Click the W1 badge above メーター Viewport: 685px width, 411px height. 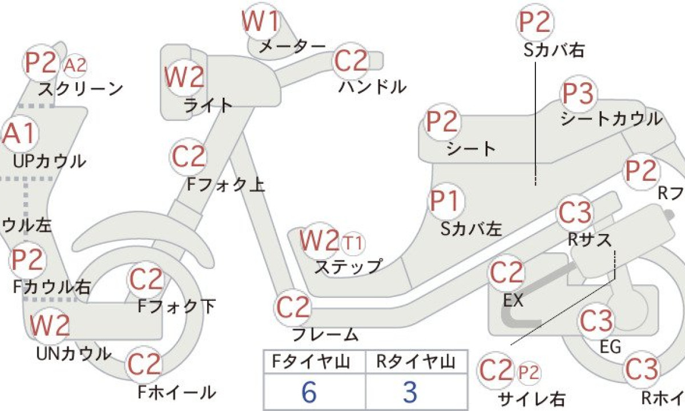261,22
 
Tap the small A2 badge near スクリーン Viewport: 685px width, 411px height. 75,65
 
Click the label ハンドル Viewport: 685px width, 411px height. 372,87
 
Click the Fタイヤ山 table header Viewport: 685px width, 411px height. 313,362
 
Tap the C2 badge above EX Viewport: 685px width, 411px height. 506,274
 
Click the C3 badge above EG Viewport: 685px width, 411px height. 597,321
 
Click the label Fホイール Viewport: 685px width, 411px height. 177,392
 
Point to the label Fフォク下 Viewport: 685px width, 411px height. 177,307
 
